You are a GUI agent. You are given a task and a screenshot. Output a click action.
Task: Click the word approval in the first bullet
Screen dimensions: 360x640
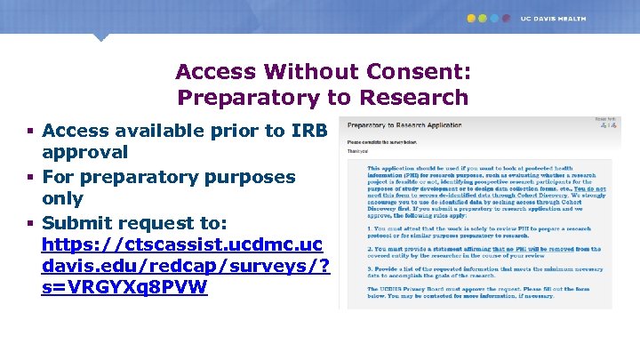(x=85, y=152)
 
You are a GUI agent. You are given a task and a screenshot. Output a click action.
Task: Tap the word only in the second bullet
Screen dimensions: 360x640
(x=63, y=198)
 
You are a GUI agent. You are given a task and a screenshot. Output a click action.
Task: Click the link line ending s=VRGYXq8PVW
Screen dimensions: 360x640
(x=124, y=288)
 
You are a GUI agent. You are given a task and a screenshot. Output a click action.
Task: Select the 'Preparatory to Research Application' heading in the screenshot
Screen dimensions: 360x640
(x=399, y=126)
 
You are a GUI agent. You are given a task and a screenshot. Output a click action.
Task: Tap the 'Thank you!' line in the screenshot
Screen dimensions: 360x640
(x=357, y=151)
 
